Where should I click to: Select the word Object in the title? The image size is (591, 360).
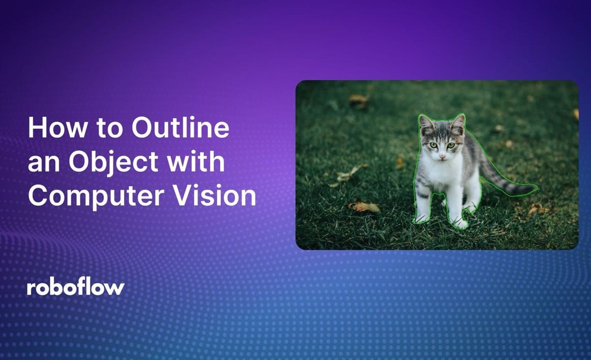pos(113,163)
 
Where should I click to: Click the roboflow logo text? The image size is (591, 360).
pos(76,288)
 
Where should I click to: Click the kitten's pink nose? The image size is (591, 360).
pos(442,157)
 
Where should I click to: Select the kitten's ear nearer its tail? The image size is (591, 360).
pos(459,124)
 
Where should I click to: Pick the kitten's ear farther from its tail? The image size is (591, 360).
pos(426,125)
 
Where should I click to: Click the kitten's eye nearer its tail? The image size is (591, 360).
pos(451,145)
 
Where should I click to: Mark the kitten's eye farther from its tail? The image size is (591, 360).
pos(433,145)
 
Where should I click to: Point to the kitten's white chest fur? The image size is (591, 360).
pos(443,175)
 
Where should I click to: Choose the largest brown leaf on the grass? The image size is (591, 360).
pos(364,206)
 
